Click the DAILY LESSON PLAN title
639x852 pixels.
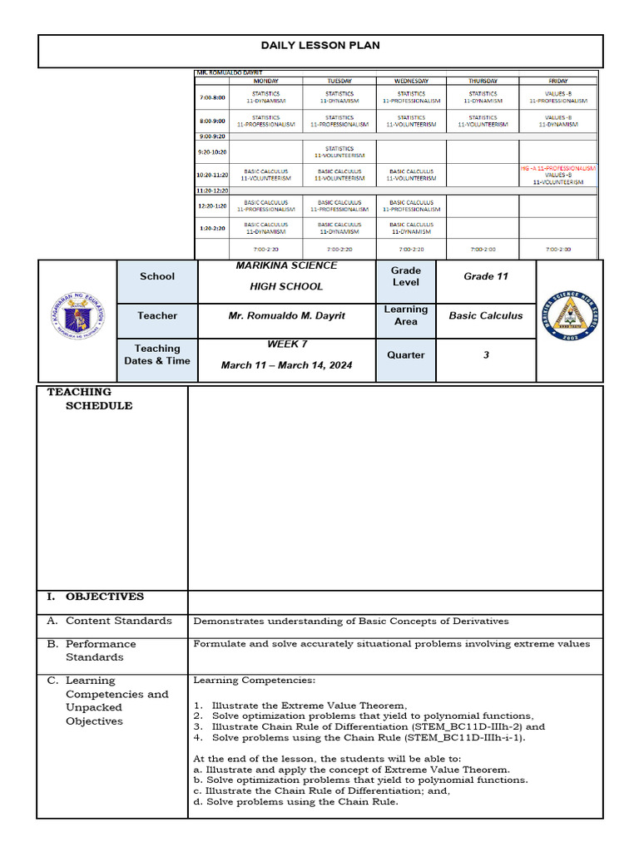pyautogui.click(x=320, y=45)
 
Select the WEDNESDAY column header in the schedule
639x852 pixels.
pyautogui.click(x=411, y=81)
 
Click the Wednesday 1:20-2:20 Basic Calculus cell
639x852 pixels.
pyautogui.click(x=411, y=228)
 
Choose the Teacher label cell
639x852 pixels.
pyautogui.click(x=157, y=315)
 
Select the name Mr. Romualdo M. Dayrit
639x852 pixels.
pyautogui.click(x=286, y=316)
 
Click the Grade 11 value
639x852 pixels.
pyautogui.click(x=486, y=276)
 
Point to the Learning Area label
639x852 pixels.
pyautogui.click(x=406, y=315)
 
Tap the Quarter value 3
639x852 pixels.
pyautogui.click(x=486, y=354)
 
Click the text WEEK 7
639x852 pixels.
pyautogui.click(x=287, y=344)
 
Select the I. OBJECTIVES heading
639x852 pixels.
pyautogui.click(x=97, y=597)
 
